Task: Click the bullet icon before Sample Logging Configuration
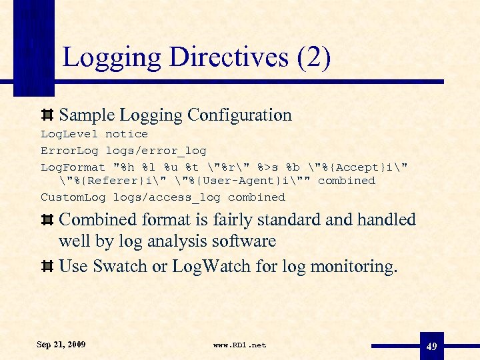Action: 47,115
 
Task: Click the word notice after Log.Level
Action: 127,134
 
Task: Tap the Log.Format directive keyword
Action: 73,167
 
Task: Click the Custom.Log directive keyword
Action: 73,197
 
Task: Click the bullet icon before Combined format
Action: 47,220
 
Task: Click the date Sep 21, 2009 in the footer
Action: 61,345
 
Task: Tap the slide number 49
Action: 431,347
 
